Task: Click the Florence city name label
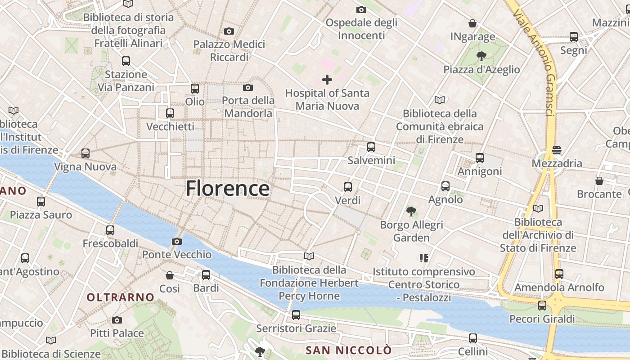pyautogui.click(x=228, y=188)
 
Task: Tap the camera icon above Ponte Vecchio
pyautogui.click(x=177, y=242)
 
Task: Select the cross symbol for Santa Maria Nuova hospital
pyautogui.click(x=327, y=80)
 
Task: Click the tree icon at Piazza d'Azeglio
pyautogui.click(x=481, y=56)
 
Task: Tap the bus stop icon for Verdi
pyautogui.click(x=348, y=187)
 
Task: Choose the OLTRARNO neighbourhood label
pyautogui.click(x=121, y=297)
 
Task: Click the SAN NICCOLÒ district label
pyautogui.click(x=349, y=350)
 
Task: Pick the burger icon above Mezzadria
pyautogui.click(x=557, y=150)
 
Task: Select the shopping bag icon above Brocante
pyautogui.click(x=599, y=181)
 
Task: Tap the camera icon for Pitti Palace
pyautogui.click(x=117, y=320)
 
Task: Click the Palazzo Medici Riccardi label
pyautogui.click(x=229, y=51)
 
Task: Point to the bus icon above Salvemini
pyautogui.click(x=371, y=147)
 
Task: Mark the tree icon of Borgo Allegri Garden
pyautogui.click(x=411, y=211)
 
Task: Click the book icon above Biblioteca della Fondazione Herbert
pyautogui.click(x=309, y=256)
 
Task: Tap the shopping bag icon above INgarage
pyautogui.click(x=472, y=23)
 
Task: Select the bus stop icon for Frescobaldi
pyautogui.click(x=110, y=230)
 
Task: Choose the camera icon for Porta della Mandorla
pyautogui.click(x=248, y=87)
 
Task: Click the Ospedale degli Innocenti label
pyautogui.click(x=361, y=29)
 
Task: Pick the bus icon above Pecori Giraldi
pyautogui.click(x=542, y=306)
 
